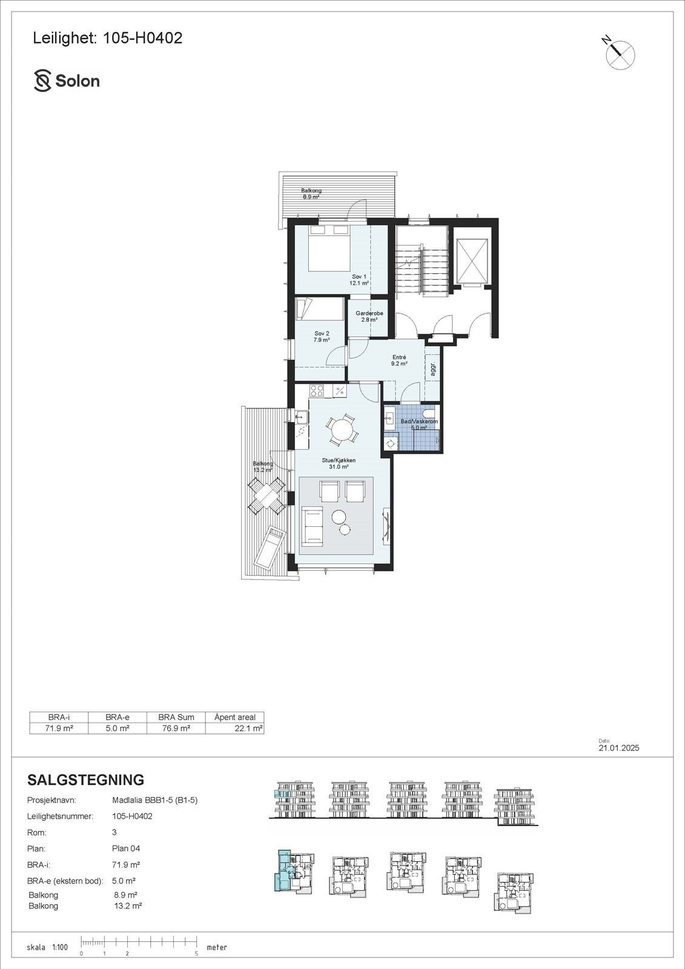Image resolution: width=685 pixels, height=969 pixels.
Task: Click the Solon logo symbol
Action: coord(42,81)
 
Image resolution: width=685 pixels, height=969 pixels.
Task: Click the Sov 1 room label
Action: coord(359,279)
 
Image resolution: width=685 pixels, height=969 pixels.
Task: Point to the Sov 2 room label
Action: coord(322,337)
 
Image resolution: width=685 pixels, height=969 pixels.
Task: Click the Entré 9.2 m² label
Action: coord(399,360)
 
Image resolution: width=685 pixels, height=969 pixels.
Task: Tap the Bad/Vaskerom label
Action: coord(419,424)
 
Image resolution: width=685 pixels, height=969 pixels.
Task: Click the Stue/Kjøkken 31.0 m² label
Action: coord(338,463)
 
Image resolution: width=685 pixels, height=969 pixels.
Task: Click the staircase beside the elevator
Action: coord(422,270)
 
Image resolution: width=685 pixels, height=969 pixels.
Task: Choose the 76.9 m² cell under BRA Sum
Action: coord(177,728)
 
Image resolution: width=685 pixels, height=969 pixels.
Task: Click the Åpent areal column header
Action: coord(235,717)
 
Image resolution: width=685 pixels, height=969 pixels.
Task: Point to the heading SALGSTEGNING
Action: coord(86,779)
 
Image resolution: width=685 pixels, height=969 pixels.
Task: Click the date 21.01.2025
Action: coord(618,748)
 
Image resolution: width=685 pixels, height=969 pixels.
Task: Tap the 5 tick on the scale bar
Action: coord(197,953)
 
